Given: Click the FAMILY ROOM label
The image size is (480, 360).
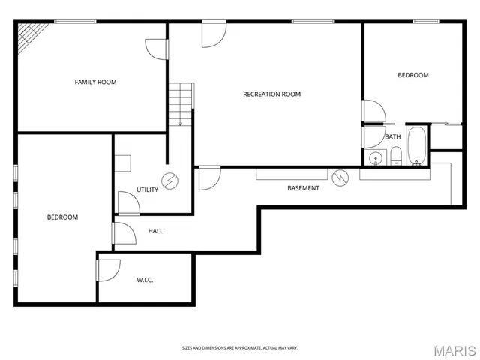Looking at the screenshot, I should point(95,82).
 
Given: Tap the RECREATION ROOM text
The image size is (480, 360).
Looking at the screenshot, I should point(271,94).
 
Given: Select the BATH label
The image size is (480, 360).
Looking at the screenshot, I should point(392,136).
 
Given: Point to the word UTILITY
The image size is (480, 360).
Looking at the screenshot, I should point(147,190).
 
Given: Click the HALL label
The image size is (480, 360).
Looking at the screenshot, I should point(155,230).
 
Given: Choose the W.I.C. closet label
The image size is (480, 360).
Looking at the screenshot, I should point(145,280).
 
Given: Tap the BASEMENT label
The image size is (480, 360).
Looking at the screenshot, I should point(303,188).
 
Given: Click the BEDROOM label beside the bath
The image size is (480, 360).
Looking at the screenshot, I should point(412,75).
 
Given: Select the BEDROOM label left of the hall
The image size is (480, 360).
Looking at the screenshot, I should point(62,217).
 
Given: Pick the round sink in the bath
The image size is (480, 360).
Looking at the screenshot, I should point(375,158).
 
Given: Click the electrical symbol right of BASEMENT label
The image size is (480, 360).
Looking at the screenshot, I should point(341,178).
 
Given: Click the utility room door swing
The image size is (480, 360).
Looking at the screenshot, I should point(128,201).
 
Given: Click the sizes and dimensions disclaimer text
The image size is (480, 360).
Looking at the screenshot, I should point(239,347).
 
